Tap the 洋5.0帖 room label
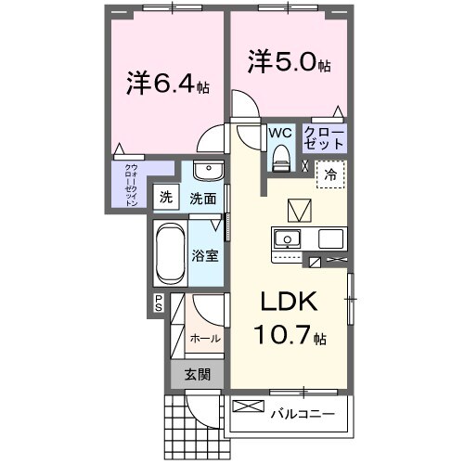287,64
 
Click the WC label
280,133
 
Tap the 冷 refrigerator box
329,174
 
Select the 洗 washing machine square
165,197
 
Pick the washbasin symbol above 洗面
208,174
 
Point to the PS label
159,302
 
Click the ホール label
204,339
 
